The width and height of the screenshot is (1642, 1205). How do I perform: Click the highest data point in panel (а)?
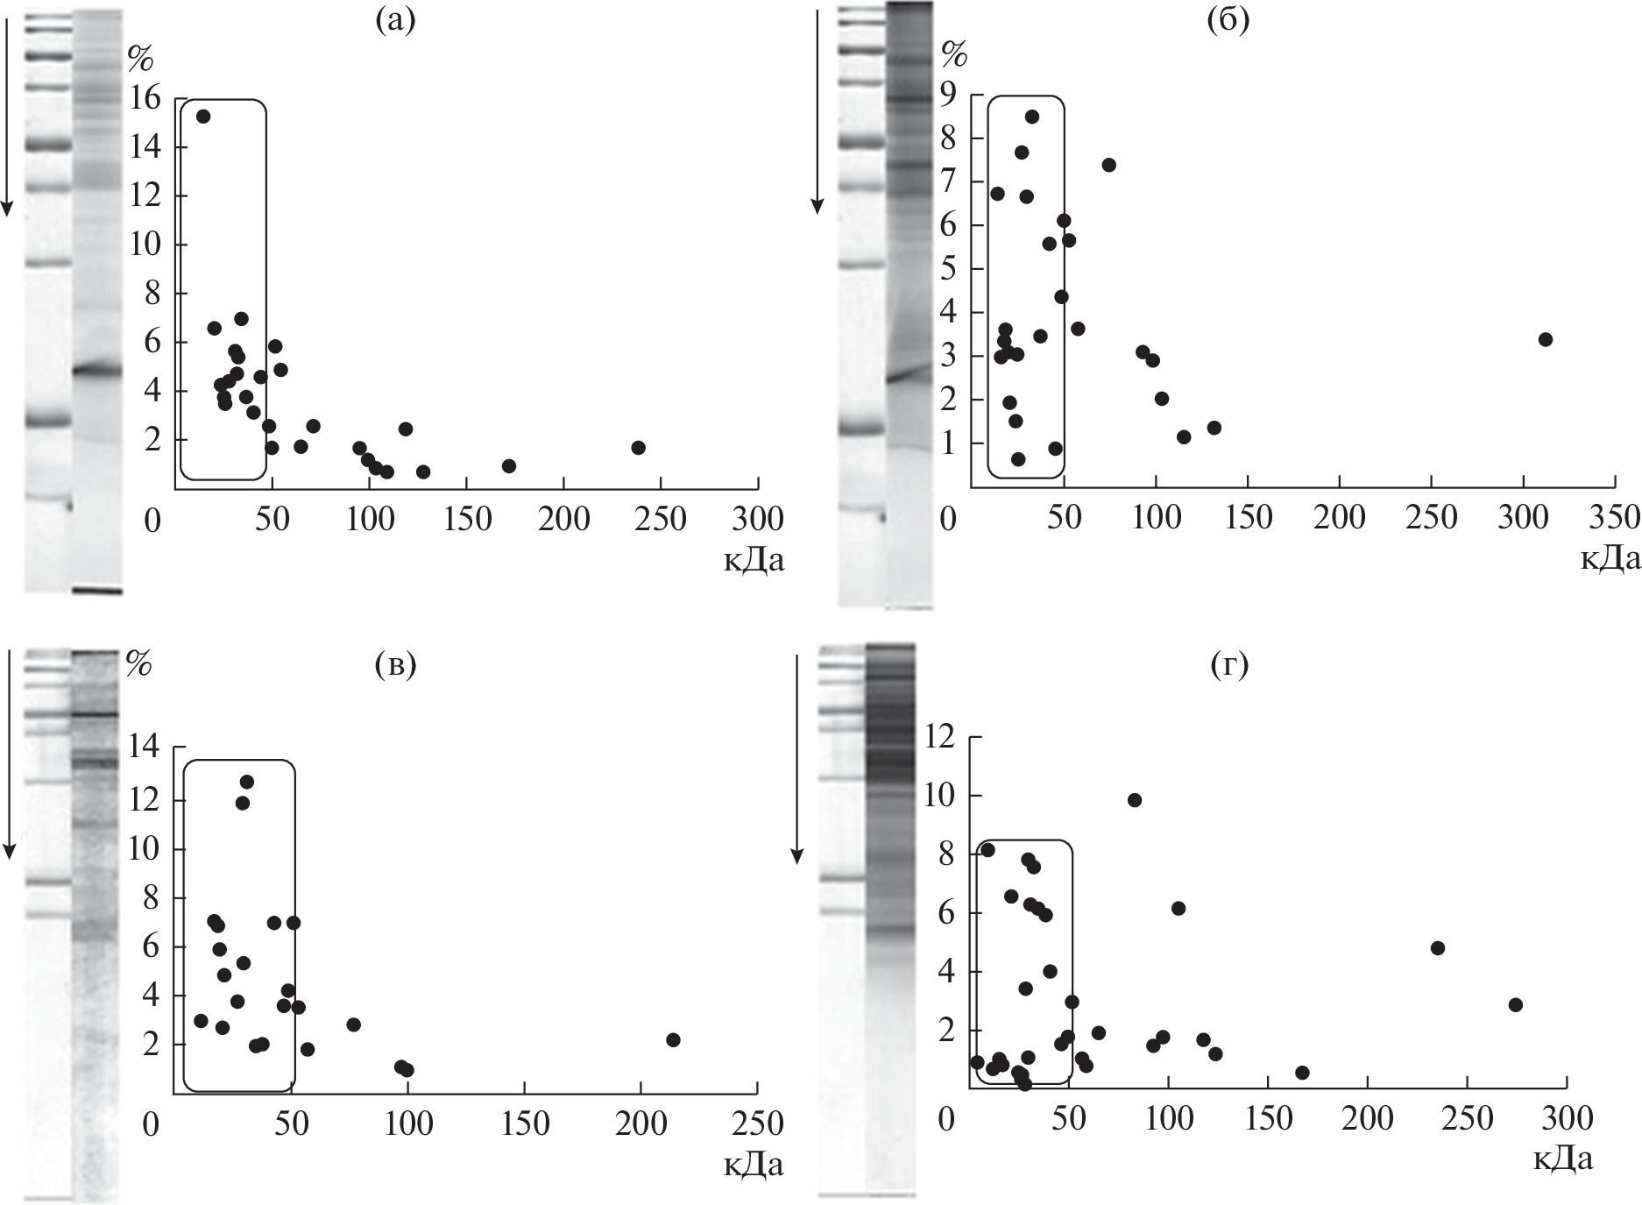pyautogui.click(x=203, y=117)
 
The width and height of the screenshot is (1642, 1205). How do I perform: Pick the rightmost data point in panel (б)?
pyautogui.click(x=1546, y=339)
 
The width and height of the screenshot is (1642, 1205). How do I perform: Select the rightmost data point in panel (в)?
pyautogui.click(x=673, y=1039)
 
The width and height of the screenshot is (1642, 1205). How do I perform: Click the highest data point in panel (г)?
pyautogui.click(x=1135, y=800)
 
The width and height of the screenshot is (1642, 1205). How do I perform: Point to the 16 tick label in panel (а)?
pyautogui.click(x=145, y=98)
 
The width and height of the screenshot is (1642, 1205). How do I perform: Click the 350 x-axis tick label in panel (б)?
pyautogui.click(x=1614, y=518)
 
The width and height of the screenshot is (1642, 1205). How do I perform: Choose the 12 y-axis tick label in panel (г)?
pyautogui.click(x=942, y=738)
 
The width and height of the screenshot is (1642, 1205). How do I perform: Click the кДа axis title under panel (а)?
pyautogui.click(x=754, y=560)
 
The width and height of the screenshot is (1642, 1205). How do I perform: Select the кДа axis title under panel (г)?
pyautogui.click(x=1562, y=1159)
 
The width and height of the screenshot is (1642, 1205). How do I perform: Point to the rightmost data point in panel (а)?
pyautogui.click(x=638, y=448)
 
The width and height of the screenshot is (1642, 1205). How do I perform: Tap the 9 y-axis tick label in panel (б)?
pyautogui.click(x=949, y=93)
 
